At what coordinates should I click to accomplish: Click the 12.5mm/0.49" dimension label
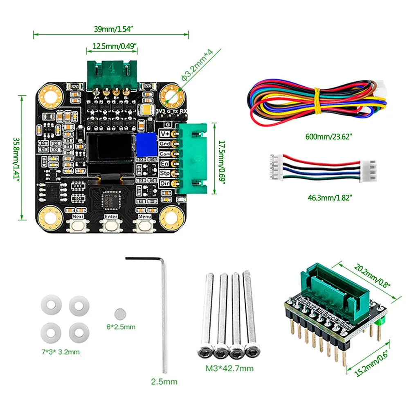pyautogui.click(x=112, y=46)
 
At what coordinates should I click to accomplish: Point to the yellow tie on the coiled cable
pyautogui.click(x=317, y=102)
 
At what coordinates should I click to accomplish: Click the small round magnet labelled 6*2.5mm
pyautogui.click(x=119, y=314)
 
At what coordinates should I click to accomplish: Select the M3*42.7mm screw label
pyautogui.click(x=229, y=368)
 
